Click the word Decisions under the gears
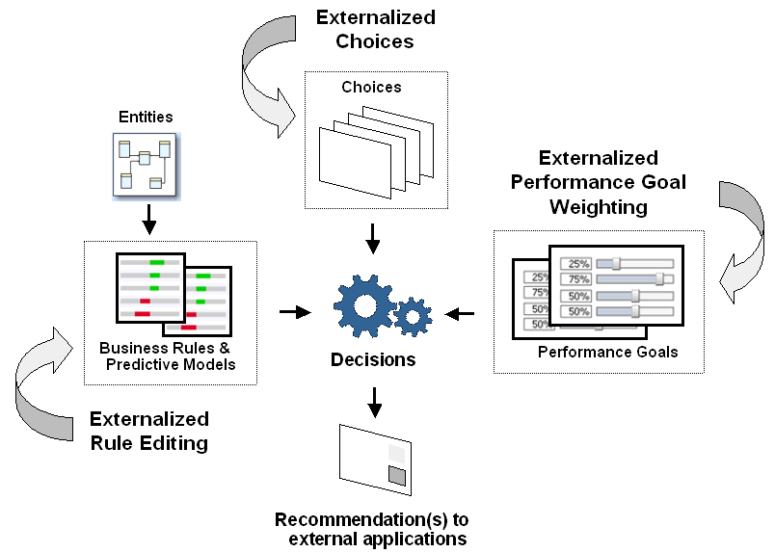click(373, 360)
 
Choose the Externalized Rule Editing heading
click(149, 431)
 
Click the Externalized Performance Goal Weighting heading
click(599, 182)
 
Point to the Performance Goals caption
click(607, 352)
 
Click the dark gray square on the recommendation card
click(396, 474)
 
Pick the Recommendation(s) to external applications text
click(372, 529)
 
